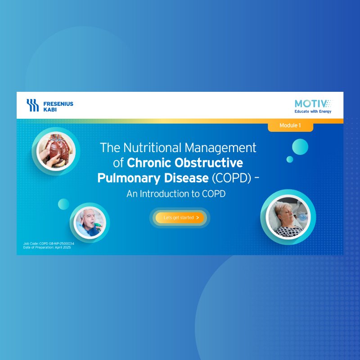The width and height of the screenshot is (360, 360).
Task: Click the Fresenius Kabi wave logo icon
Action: (x=32, y=105)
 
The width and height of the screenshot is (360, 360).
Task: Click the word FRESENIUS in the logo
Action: (x=58, y=104)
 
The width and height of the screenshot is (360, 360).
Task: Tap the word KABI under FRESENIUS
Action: (x=50, y=109)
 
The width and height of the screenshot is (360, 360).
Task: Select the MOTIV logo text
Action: (x=313, y=104)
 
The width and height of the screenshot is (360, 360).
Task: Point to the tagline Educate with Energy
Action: (x=313, y=112)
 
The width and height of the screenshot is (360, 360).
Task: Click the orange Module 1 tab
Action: (x=290, y=126)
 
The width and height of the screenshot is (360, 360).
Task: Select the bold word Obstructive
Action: (x=209, y=163)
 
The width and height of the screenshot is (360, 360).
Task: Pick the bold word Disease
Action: (x=186, y=178)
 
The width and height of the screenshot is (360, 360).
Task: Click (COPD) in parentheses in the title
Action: (x=231, y=178)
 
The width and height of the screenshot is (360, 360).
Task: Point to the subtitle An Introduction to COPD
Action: (x=176, y=194)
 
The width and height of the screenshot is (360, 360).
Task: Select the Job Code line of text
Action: (x=49, y=243)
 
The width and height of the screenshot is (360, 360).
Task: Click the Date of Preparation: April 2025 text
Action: (x=47, y=247)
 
